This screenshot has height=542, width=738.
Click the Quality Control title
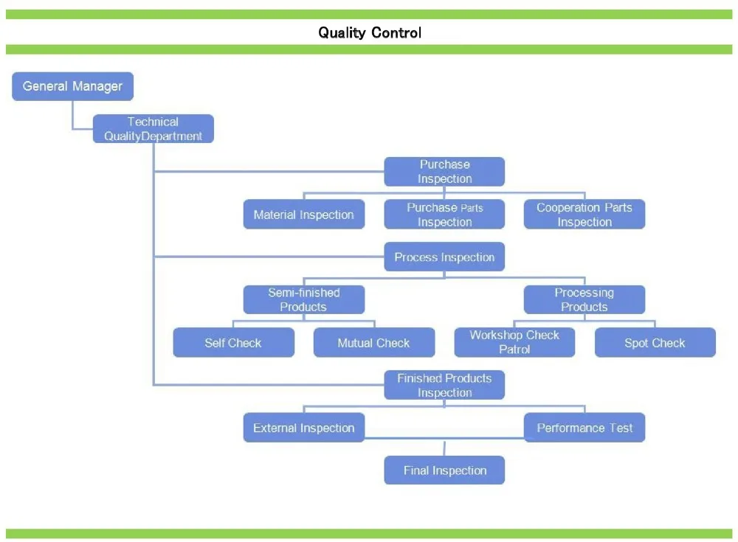pyautogui.click(x=370, y=32)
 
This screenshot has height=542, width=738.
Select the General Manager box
pyautogui.click(x=73, y=86)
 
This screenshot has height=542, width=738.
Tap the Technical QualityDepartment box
pyautogui.click(x=154, y=128)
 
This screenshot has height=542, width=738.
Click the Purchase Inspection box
pyautogui.click(x=444, y=171)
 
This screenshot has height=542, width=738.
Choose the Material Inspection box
pyautogui.click(x=304, y=214)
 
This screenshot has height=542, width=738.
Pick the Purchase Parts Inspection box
pyautogui.click(x=444, y=214)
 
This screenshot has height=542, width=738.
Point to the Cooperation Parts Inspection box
pyautogui.click(x=584, y=214)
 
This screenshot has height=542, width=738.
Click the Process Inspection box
pyautogui.click(x=444, y=257)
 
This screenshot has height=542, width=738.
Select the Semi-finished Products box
pyautogui.click(x=304, y=299)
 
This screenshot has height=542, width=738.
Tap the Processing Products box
pyautogui.click(x=584, y=299)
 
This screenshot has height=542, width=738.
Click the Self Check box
pyautogui.click(x=234, y=342)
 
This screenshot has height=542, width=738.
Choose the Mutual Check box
pyautogui.click(x=374, y=342)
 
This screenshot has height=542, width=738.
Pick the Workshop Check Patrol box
pyautogui.click(x=514, y=342)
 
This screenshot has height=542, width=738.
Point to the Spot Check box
pyautogui.click(x=655, y=342)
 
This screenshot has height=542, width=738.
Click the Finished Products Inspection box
pyautogui.click(x=444, y=385)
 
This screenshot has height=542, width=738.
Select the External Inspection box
pyautogui.click(x=304, y=428)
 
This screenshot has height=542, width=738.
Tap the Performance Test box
pyautogui.click(x=584, y=428)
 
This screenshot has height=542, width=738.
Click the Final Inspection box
pyautogui.click(x=444, y=470)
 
